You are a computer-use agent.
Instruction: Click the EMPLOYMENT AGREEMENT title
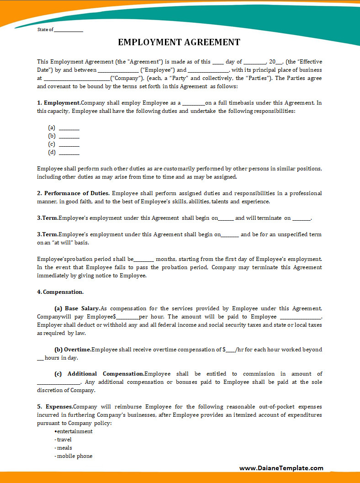179,42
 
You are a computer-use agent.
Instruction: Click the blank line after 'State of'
69,31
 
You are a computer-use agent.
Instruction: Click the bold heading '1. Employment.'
59,103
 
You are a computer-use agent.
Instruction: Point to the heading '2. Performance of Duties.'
73,193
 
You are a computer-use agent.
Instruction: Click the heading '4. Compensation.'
60,292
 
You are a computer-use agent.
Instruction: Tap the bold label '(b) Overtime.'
73,350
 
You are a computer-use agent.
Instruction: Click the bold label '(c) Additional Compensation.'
99,374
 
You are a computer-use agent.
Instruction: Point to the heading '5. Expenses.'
55,407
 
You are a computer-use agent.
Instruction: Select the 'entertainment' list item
74,431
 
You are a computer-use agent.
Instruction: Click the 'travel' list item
64,440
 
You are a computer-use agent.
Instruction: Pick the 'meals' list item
64,448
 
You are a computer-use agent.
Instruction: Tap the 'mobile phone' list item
74,456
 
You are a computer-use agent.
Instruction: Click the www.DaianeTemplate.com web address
281,468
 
